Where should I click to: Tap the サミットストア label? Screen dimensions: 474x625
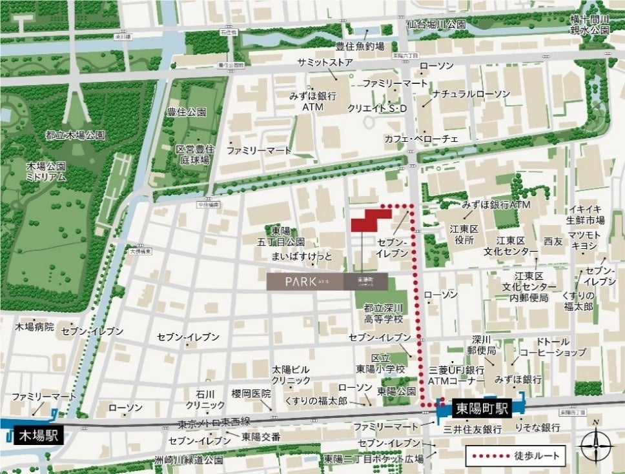[325, 63]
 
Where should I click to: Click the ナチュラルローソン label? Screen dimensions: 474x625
[471, 94]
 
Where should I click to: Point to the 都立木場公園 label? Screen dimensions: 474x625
[75, 135]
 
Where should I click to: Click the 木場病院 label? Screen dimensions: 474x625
[35, 327]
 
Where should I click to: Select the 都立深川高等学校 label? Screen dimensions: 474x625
[383, 313]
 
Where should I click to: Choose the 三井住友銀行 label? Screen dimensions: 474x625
[473, 428]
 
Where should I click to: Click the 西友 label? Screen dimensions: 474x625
[553, 240]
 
